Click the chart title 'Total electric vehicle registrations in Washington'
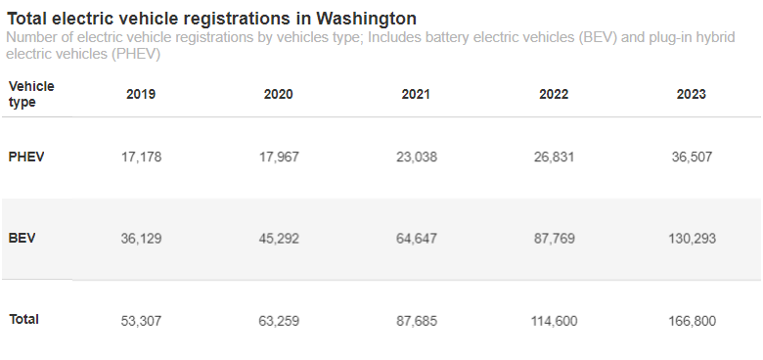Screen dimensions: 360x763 point(211,19)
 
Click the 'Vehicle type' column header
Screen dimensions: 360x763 point(31,94)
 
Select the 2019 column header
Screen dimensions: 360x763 point(141,95)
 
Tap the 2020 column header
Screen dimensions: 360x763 point(278,95)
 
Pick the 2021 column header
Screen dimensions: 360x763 point(416,95)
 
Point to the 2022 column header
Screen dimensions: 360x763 point(554,95)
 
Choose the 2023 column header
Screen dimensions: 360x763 point(691,95)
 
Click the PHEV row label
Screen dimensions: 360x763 point(26,157)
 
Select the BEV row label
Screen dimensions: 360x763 point(22,238)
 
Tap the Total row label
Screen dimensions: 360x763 point(24,319)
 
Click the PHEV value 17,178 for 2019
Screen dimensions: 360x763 point(141,157)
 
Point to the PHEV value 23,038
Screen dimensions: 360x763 point(416,157)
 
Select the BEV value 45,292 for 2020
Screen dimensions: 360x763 point(278,238)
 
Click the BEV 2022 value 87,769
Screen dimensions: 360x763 point(554,238)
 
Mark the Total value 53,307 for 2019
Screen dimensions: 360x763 point(141,320)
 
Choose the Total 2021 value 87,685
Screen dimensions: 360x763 point(416,320)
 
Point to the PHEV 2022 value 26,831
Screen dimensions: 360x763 point(554,157)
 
